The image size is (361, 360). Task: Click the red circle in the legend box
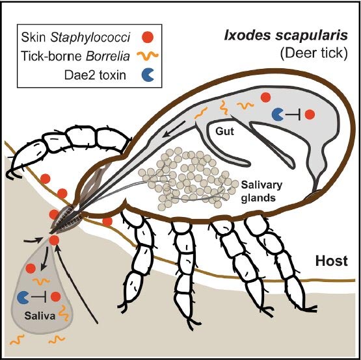click(148, 37)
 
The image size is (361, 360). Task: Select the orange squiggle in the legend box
click(148, 55)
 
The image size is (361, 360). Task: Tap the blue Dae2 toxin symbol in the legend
click(148, 75)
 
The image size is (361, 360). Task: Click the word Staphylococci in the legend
click(90, 37)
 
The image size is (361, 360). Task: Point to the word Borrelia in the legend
click(107, 56)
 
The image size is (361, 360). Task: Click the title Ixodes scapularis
click(286, 36)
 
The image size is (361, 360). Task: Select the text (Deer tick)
click(314, 53)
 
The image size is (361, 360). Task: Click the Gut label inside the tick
click(224, 131)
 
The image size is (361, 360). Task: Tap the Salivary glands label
click(261, 191)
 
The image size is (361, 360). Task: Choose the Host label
click(332, 261)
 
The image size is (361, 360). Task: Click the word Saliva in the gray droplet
click(40, 316)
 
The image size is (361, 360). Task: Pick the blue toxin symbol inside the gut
click(278, 114)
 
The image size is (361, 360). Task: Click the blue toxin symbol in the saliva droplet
click(23, 297)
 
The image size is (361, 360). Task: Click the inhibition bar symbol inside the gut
click(293, 114)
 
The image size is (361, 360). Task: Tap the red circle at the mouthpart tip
click(55, 240)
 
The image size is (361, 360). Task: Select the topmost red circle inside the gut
click(265, 97)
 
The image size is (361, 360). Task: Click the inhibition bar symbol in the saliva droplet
click(39, 297)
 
